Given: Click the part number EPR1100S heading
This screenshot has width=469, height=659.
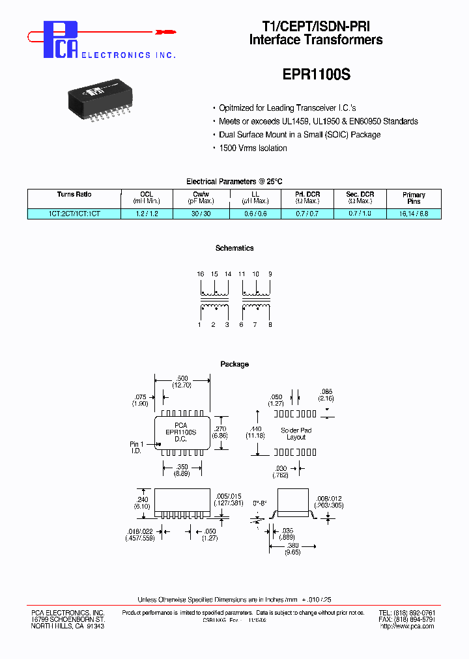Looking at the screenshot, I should tap(316, 74).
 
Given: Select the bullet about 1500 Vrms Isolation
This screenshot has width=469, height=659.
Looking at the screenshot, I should tap(253, 148).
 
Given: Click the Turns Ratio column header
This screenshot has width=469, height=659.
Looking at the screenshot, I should tap(74, 195).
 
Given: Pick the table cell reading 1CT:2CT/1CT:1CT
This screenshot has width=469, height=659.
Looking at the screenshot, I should tap(74, 214).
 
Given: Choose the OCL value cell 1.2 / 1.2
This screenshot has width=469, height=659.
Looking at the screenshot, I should tap(147, 214).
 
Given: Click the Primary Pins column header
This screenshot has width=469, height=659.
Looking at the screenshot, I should tap(414, 198).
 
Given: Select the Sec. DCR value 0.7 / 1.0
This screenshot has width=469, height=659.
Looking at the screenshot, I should tap(360, 214).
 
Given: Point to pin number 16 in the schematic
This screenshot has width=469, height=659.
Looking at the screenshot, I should tap(200, 275).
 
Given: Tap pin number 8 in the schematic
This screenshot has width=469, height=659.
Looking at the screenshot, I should tap(270, 324).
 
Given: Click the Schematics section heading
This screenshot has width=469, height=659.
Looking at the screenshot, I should tap(234, 248).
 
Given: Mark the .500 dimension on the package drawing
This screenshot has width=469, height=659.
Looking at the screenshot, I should tap(182, 379).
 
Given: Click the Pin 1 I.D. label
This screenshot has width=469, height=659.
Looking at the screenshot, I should tap(137, 447).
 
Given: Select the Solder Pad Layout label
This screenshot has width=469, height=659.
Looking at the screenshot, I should tap(296, 434).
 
